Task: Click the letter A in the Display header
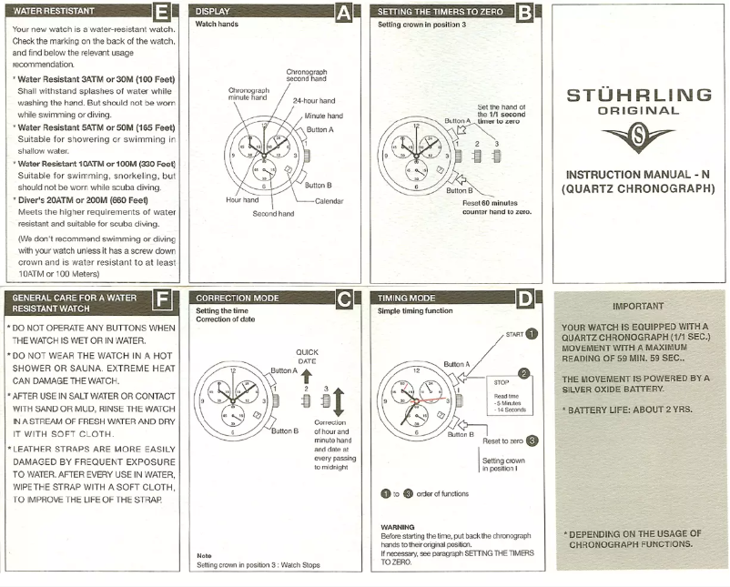click(x=343, y=13)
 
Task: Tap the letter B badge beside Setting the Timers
click(x=525, y=13)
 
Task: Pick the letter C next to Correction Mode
click(x=343, y=298)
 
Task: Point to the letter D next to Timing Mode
click(x=525, y=298)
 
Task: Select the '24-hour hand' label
click(x=314, y=100)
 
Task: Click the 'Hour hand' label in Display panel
click(x=242, y=198)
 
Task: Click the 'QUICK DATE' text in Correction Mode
click(x=307, y=356)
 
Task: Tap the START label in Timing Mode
click(x=514, y=335)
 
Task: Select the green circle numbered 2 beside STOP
click(x=523, y=373)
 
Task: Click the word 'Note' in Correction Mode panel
click(x=204, y=555)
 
